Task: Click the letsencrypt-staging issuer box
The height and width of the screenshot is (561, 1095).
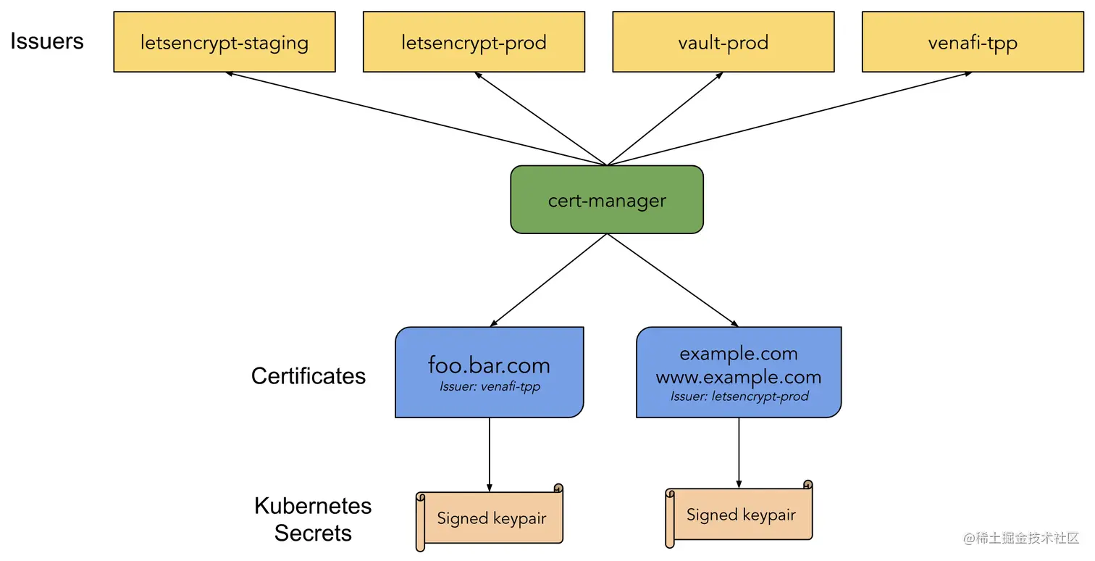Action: pos(225,42)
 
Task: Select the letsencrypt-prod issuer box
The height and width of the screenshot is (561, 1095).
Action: pos(474,42)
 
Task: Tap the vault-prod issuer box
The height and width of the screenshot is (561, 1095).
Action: pos(723,42)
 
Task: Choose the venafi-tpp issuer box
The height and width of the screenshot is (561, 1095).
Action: pos(973,42)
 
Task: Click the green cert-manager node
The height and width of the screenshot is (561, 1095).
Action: pos(607,200)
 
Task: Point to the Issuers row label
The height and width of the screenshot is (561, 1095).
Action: pos(47,41)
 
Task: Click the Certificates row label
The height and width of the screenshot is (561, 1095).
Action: pos(309,375)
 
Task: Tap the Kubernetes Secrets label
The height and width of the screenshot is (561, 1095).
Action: pos(313,519)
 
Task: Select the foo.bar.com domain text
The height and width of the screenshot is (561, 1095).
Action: pos(489,365)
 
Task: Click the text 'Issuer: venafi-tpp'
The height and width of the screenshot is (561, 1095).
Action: pos(490,387)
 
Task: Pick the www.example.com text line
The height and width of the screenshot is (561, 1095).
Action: pos(739,377)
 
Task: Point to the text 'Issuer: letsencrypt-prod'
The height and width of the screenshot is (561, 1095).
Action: pos(739,396)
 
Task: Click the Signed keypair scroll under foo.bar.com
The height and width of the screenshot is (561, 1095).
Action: pos(491,518)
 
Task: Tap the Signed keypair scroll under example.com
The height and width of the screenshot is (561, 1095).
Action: pos(740,515)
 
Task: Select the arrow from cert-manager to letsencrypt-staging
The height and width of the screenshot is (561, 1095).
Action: pos(416,119)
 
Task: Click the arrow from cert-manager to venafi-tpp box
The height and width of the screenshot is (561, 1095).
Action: pos(789,119)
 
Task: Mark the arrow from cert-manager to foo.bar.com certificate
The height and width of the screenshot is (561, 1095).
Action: pos(549,280)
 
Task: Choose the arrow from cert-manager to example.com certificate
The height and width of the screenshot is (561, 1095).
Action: pos(672,280)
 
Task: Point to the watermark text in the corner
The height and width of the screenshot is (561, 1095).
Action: pos(1021,539)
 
